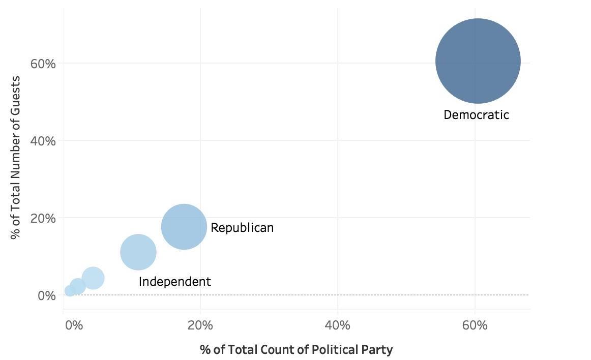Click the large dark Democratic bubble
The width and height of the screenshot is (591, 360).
click(x=478, y=61)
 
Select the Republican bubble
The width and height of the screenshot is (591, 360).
click(x=184, y=226)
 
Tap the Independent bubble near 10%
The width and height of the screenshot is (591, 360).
click(x=138, y=252)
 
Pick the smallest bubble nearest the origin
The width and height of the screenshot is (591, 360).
click(x=70, y=291)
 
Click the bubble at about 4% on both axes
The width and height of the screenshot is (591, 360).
click(x=93, y=278)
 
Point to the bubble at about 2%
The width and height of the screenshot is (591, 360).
click(x=77, y=287)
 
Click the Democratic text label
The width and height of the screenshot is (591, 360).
click(x=476, y=115)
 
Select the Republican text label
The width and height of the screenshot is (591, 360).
click(x=242, y=228)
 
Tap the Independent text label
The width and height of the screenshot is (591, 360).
click(x=174, y=282)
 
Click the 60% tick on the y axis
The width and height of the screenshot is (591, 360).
click(x=43, y=64)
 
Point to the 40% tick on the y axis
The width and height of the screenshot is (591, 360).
click(x=43, y=141)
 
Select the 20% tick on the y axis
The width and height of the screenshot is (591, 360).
click(x=43, y=218)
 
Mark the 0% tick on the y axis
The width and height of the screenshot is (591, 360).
click(x=46, y=295)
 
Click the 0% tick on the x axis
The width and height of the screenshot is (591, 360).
click(x=74, y=325)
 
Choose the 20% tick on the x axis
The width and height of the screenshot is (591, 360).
click(x=200, y=325)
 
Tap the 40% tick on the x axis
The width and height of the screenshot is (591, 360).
click(x=338, y=325)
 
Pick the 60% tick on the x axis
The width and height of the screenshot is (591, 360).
click(x=475, y=325)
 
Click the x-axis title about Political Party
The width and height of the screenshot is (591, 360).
click(x=296, y=350)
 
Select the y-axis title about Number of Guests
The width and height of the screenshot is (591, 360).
click(x=16, y=157)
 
